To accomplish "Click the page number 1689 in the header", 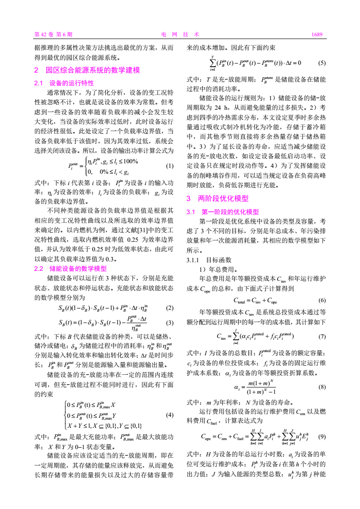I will (x=316, y=34).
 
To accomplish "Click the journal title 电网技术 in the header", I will (x=180, y=34).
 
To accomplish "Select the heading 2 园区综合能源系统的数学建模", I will (x=87, y=70).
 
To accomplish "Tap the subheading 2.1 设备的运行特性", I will (x=64, y=83).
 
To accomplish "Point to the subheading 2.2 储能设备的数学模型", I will (x=70, y=268).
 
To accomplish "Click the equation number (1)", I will (x=170, y=166).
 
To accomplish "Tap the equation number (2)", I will (x=170, y=308).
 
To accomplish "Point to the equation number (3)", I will (x=170, y=323).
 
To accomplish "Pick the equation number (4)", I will (x=170, y=415).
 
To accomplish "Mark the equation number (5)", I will (x=322, y=63).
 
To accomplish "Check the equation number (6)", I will (x=322, y=300).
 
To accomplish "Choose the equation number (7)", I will (x=322, y=337).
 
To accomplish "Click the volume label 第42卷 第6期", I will (x=54, y=34).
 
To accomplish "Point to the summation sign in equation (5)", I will (x=213, y=63).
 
